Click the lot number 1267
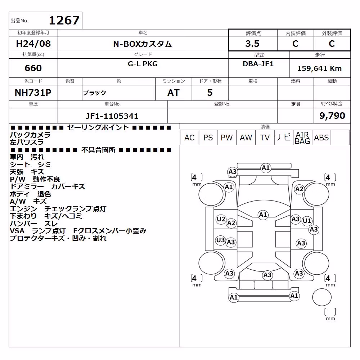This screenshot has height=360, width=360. coord(64,21)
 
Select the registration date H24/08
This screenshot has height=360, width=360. coord(33,44)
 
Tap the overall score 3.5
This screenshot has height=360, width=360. coord(252,44)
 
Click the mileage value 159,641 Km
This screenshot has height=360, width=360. coord(319,68)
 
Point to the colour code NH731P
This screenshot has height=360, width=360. coord(33,93)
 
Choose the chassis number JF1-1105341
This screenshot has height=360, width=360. coord(112,116)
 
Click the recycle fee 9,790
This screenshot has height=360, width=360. coord(332,116)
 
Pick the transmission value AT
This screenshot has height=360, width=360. coord(174,93)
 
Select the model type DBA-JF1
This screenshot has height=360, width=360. coord(258,64)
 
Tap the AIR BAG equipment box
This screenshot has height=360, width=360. coord(302,138)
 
